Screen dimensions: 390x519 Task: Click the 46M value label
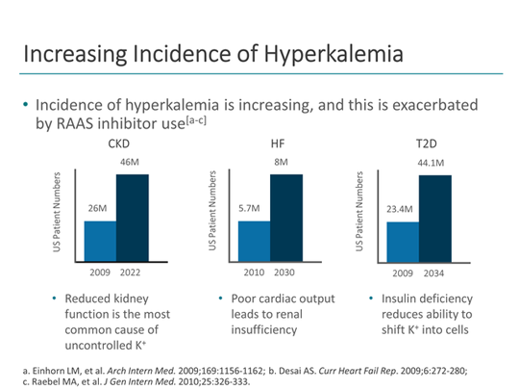point(131,164)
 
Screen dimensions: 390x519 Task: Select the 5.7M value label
point(252,208)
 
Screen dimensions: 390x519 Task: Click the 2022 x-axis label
point(133,273)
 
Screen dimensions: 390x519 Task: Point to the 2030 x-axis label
point(285,273)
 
